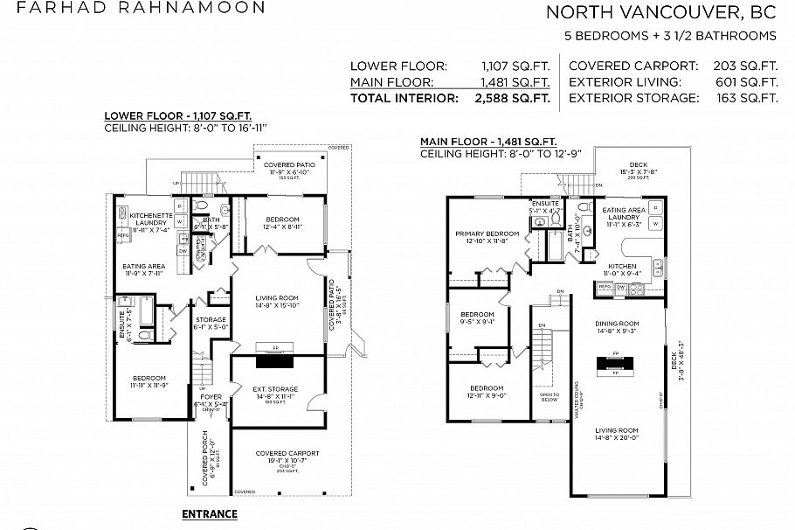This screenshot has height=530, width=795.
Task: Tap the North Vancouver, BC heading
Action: [660, 12]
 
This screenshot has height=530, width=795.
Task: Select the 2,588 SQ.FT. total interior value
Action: [511, 98]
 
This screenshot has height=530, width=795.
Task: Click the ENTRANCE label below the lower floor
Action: [209, 513]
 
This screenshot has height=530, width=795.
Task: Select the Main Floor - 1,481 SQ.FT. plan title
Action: [488, 142]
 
